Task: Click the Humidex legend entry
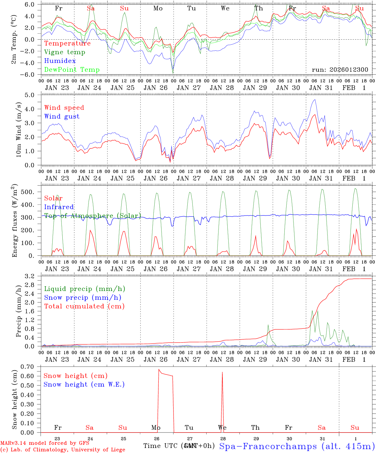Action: pos(60,61)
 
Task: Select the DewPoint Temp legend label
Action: pos(72,70)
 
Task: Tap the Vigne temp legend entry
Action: pos(65,52)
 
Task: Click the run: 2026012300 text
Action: pos(340,70)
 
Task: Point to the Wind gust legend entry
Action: pos(62,116)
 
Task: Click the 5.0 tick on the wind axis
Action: pos(34,95)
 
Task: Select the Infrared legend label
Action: pos(59,207)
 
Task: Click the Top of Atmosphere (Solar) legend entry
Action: pos(92,216)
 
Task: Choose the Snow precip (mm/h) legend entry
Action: pos(83,298)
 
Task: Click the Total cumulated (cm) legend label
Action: pos(84,306)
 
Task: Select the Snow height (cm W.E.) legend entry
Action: pos(84,384)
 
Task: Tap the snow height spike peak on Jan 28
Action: pos(222,372)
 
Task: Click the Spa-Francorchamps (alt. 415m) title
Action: pos(297,446)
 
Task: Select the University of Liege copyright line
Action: pos(63,450)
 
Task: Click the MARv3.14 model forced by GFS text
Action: pos(45,443)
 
